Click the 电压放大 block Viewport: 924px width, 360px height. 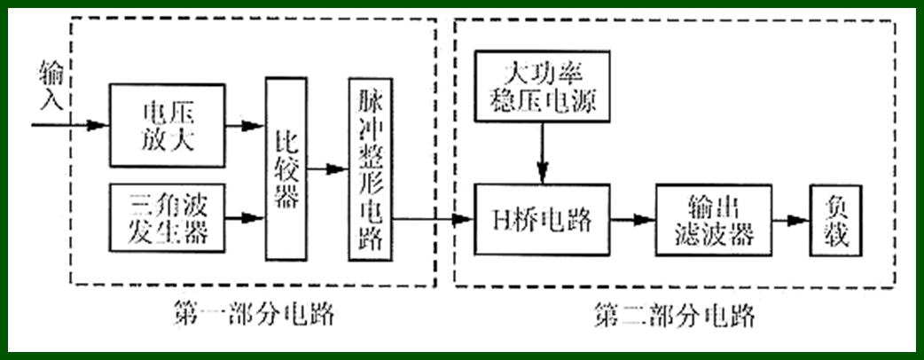click(x=167, y=125)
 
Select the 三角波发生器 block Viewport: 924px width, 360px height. click(x=167, y=216)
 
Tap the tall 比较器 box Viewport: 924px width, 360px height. click(x=286, y=168)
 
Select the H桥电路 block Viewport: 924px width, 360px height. click(x=542, y=218)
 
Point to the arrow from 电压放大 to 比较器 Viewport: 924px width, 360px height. click(x=245, y=125)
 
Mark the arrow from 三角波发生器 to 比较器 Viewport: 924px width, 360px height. click(x=245, y=216)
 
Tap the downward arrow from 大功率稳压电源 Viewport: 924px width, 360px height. click(x=542, y=153)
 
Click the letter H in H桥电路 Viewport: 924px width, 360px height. click(x=498, y=219)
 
